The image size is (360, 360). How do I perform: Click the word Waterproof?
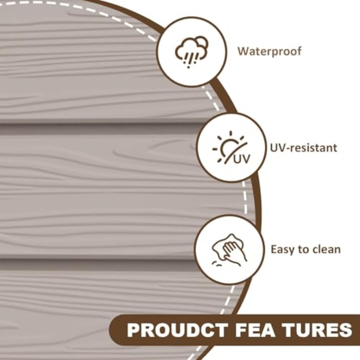(x=269, y=52)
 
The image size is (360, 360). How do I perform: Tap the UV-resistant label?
(x=304, y=148)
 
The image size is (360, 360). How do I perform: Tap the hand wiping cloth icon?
(x=229, y=250)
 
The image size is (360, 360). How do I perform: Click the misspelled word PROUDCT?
(x=178, y=330)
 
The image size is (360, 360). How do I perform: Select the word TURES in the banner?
(x=318, y=330)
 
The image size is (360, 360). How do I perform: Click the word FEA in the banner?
(x=255, y=330)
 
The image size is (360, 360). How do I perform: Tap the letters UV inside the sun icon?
(x=242, y=158)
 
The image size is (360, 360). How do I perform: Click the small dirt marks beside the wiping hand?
(x=216, y=264)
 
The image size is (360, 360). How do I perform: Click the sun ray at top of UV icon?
(x=231, y=134)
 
